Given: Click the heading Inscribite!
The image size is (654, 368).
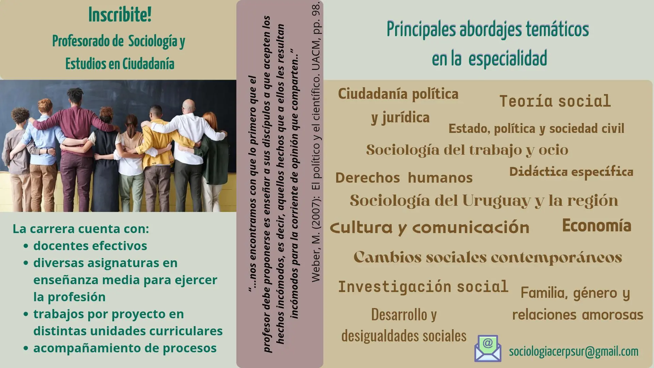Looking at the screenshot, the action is click(x=120, y=15).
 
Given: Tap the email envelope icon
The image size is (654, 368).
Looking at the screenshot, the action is click(x=488, y=348).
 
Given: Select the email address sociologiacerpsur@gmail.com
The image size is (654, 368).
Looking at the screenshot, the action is click(x=574, y=351).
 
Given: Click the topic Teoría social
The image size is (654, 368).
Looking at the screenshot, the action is click(x=555, y=101).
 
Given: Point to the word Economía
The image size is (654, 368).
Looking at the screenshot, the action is click(x=596, y=226).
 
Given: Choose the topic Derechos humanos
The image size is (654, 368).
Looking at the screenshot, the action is click(x=404, y=178).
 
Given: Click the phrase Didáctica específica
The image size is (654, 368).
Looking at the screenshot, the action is click(x=571, y=172).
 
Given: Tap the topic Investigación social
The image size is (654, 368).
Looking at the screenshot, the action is click(x=423, y=287).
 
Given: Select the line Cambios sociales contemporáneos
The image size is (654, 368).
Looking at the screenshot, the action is click(x=488, y=257).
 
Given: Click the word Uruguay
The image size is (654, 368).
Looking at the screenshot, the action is click(x=496, y=201).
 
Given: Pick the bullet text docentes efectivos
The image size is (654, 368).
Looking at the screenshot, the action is click(x=90, y=246).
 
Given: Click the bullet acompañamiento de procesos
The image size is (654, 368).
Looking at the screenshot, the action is click(x=125, y=348).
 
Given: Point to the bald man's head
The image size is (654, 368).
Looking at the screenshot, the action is click(x=188, y=107).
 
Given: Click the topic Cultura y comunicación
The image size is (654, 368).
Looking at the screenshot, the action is click(x=430, y=228).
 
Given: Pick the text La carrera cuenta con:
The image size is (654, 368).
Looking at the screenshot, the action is click(x=81, y=229).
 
